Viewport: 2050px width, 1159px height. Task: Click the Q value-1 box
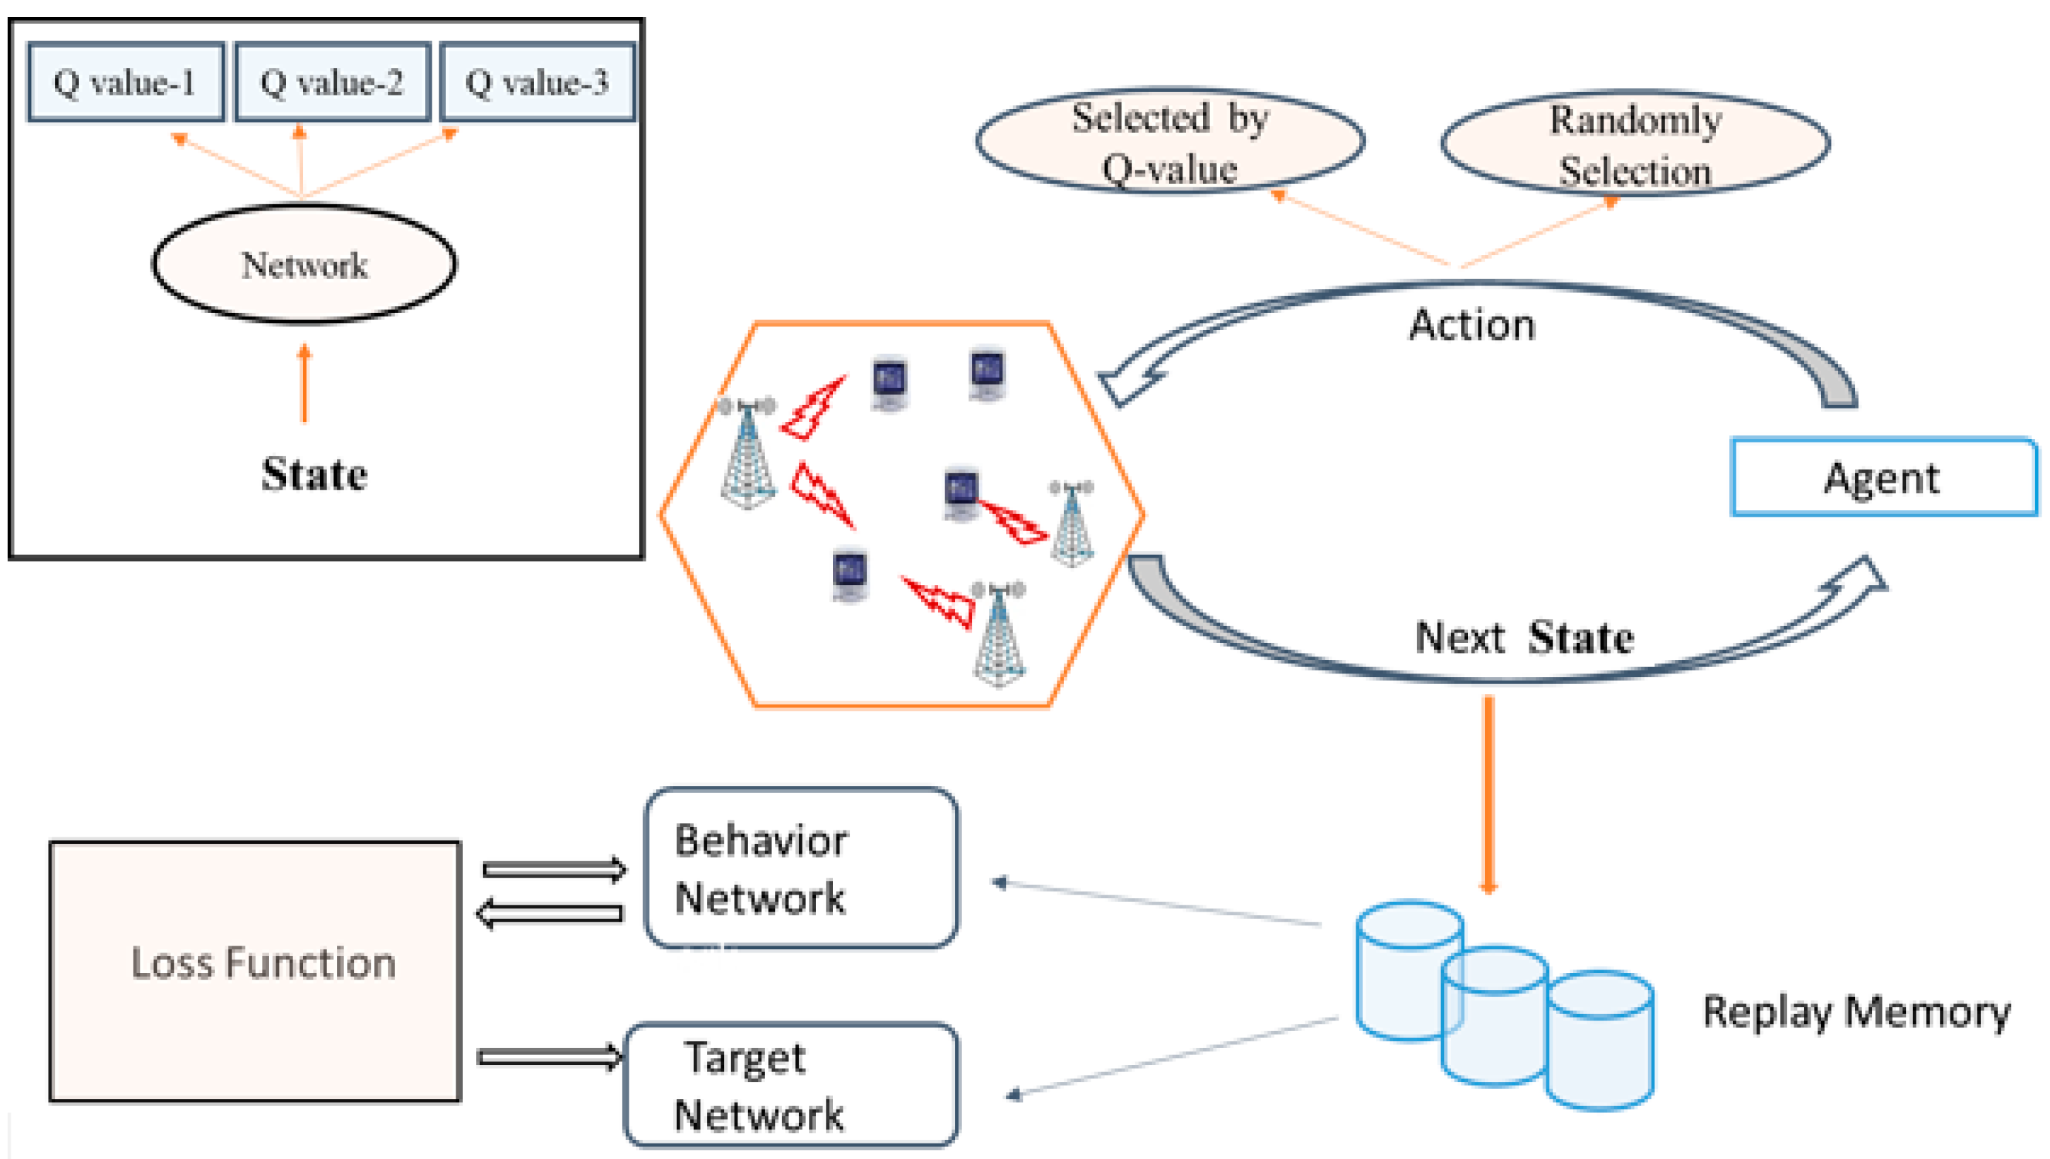click(x=126, y=82)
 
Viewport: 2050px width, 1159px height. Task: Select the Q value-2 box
click(x=333, y=82)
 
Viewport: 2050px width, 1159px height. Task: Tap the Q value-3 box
click(x=538, y=82)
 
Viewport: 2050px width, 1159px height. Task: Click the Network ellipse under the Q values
click(x=304, y=264)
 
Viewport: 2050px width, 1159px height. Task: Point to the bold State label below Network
click(x=315, y=474)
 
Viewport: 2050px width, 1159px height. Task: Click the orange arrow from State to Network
click(x=304, y=383)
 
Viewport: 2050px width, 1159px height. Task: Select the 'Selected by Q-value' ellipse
click(x=1170, y=141)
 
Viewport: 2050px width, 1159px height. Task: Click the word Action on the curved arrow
click(x=1472, y=326)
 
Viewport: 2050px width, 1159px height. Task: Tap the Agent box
click(x=1884, y=478)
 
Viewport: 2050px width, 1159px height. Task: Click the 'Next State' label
click(x=1524, y=637)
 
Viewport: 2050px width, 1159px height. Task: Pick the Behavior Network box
click(x=800, y=868)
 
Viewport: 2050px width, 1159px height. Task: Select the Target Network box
click(x=791, y=1085)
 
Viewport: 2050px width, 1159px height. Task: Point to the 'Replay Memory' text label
click(x=1856, y=1013)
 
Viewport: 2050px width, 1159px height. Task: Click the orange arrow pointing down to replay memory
click(x=1489, y=795)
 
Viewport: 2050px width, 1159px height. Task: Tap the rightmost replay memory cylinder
click(x=1599, y=1040)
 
